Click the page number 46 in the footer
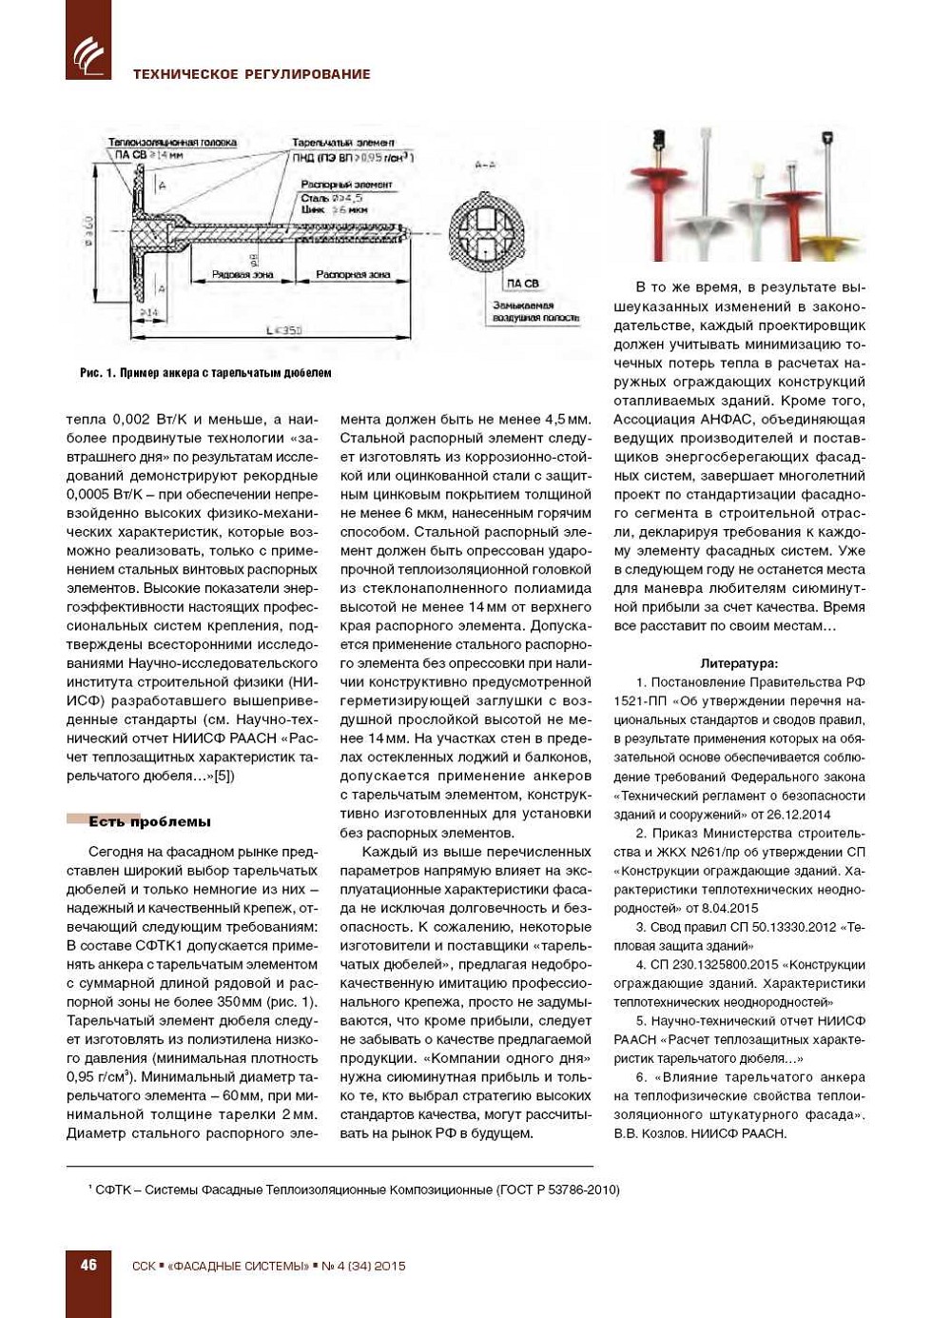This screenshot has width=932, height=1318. click(88, 1265)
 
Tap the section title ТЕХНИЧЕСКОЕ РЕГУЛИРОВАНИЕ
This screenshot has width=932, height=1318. click(251, 74)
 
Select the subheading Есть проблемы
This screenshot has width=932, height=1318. click(149, 821)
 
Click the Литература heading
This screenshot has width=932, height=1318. click(739, 663)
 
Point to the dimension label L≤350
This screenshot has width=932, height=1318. click(283, 330)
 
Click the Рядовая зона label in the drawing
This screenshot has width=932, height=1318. click(243, 275)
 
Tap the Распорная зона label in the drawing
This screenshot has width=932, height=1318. click(353, 275)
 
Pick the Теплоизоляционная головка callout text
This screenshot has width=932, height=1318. click(172, 143)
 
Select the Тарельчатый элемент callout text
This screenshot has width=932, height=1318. click(343, 143)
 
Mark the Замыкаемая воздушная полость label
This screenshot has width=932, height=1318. click(535, 311)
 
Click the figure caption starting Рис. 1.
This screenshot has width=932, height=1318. click(205, 373)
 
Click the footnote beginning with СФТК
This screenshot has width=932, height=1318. click(354, 1190)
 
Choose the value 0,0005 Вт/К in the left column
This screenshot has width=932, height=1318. click(105, 494)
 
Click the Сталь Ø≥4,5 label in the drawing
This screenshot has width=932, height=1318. click(331, 198)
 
